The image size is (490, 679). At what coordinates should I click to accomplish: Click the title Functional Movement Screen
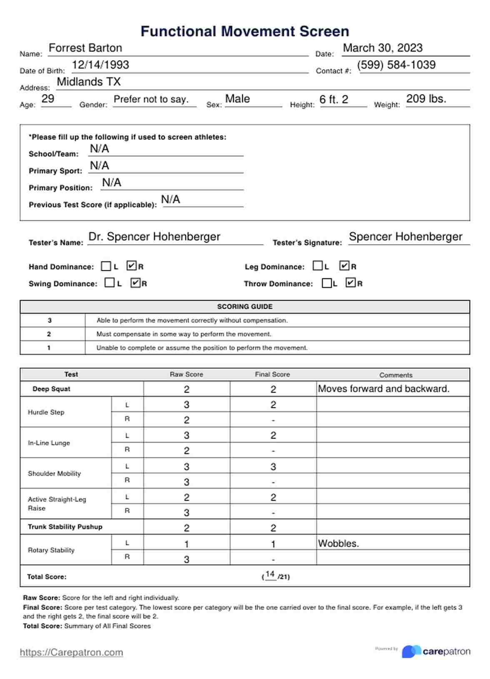[x=245, y=32]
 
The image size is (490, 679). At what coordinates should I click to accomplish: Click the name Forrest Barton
[x=85, y=48]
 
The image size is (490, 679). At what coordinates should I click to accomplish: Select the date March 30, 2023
[x=382, y=48]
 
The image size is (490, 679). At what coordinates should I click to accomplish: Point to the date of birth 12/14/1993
[x=100, y=65]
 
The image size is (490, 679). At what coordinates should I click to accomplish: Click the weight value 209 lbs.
[x=426, y=99]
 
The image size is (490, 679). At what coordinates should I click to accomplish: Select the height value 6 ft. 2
[x=334, y=100]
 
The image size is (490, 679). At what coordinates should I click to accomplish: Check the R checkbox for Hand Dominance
[x=132, y=266]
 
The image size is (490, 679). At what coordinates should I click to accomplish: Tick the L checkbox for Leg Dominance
[x=317, y=266]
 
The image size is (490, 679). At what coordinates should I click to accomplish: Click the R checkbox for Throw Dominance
[x=351, y=283]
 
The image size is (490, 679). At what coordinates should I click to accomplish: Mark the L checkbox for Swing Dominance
[x=110, y=283]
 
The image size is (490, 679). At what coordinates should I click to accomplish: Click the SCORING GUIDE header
[x=245, y=307]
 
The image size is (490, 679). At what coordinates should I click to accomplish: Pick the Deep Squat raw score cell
[x=187, y=389]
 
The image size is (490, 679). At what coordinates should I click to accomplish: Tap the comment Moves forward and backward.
[x=383, y=389]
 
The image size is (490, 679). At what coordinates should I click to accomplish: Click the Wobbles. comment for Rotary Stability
[x=338, y=544]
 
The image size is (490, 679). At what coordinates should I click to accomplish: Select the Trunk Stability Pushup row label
[x=65, y=527]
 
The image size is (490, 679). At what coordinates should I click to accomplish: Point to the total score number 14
[x=270, y=574]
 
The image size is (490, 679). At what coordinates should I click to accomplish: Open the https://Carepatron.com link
[x=71, y=652]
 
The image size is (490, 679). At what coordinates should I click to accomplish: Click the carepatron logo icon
[x=411, y=652]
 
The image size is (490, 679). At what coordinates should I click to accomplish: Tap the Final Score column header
[x=272, y=374]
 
